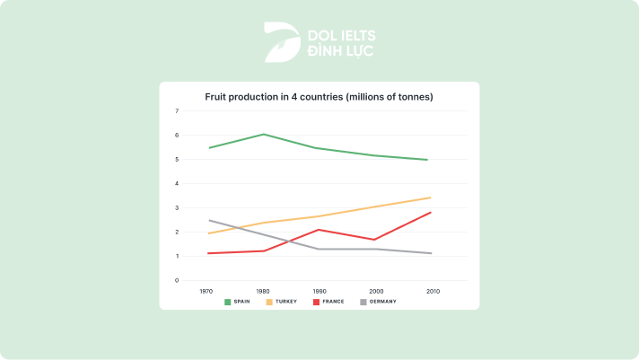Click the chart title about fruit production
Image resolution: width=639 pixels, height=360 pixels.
click(319, 96)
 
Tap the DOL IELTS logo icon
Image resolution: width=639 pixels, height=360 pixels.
click(282, 42)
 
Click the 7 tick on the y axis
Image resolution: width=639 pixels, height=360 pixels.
click(177, 111)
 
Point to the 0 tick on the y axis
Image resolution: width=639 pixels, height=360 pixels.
click(177, 280)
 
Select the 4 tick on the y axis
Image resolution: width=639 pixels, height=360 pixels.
click(177, 183)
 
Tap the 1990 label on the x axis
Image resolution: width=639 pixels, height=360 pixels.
click(319, 291)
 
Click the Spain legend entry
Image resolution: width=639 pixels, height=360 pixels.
click(238, 302)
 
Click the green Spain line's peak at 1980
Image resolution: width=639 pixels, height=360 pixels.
click(264, 134)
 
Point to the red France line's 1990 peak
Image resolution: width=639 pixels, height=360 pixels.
click(319, 229)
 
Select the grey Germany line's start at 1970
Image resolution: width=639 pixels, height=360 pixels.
click(209, 220)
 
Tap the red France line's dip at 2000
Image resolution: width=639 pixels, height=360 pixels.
click(373, 240)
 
